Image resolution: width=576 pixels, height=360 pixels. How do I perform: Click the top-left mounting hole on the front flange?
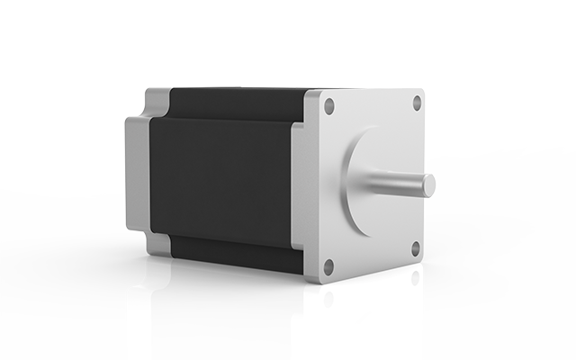click(x=329, y=106)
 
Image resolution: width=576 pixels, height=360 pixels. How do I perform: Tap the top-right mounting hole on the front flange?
click(x=417, y=102)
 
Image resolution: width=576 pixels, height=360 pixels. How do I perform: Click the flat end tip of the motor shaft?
click(x=431, y=185)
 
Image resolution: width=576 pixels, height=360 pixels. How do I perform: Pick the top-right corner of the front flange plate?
click(x=424, y=88)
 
